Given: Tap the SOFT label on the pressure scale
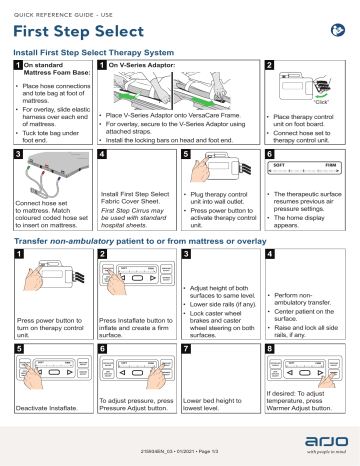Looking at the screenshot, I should (277, 165).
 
